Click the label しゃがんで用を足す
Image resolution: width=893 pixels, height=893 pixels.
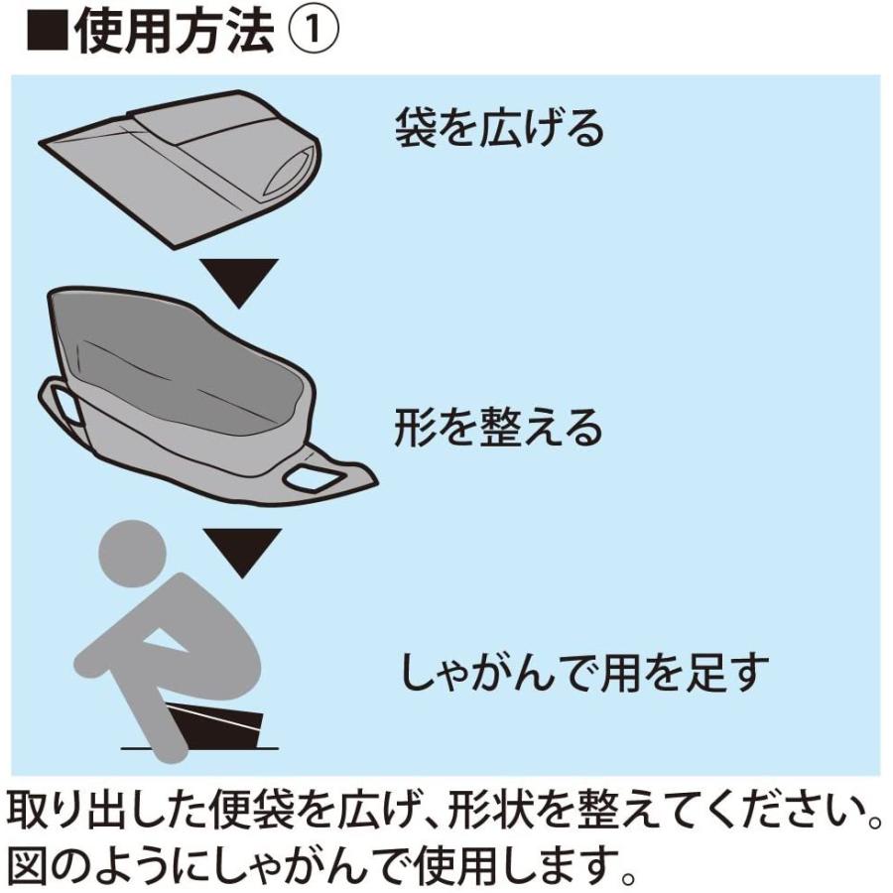point(585,672)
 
